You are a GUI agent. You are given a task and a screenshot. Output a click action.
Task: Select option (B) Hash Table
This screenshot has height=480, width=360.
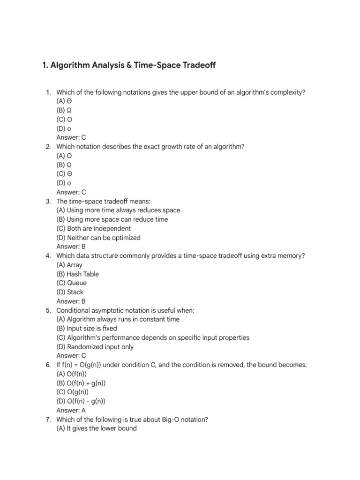click(78, 274)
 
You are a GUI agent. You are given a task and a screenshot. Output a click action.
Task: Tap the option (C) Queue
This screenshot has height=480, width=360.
click(72, 283)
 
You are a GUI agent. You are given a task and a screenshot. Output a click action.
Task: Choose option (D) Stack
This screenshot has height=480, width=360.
click(70, 292)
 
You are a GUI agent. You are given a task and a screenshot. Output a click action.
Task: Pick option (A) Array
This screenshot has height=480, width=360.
click(69, 265)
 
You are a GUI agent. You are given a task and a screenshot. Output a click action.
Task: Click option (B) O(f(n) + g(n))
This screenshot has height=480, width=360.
click(81, 383)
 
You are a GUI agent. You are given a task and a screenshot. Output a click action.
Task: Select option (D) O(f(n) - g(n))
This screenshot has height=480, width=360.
click(81, 401)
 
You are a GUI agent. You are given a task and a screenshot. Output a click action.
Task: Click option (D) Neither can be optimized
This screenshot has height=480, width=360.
click(98, 238)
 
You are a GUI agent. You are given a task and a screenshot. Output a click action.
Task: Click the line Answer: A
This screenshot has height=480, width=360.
click(71, 410)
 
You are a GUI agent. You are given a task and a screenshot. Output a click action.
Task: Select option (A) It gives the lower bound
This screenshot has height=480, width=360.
click(97, 428)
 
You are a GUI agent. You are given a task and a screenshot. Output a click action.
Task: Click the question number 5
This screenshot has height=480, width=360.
click(48, 310)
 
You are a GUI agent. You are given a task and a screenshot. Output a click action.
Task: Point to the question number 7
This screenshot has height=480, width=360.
click(48, 419)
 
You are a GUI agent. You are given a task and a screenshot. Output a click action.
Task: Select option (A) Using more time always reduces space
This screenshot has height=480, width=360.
click(118, 210)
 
